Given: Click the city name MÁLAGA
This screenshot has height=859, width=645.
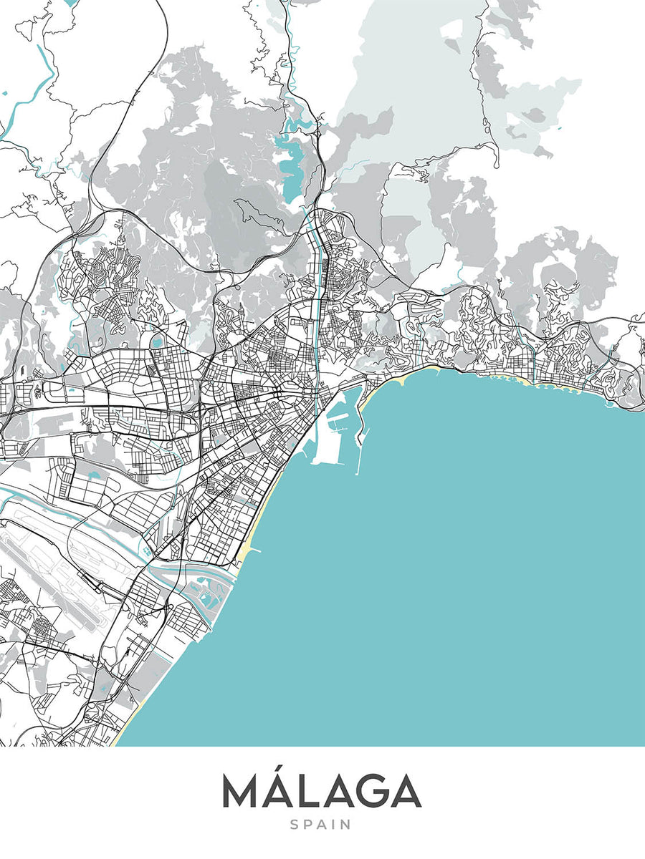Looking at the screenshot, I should [321, 791].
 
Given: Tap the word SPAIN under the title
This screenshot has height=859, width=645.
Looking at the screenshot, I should [321, 825].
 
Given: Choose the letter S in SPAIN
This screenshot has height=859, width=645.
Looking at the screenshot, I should [294, 825].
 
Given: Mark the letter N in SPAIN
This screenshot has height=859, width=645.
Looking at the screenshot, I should [347, 825].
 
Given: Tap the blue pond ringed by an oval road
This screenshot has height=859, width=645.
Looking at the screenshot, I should [156, 343].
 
